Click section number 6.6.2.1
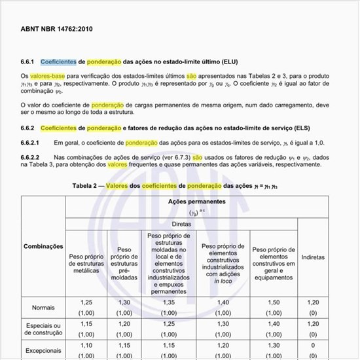[x=31, y=142]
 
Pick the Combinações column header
[x=43, y=246]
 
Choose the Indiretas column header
[x=313, y=257]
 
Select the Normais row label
[x=43, y=307]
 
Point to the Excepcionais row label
[x=43, y=350]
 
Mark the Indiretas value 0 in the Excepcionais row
[x=313, y=345]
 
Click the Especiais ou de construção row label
[x=43, y=329]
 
